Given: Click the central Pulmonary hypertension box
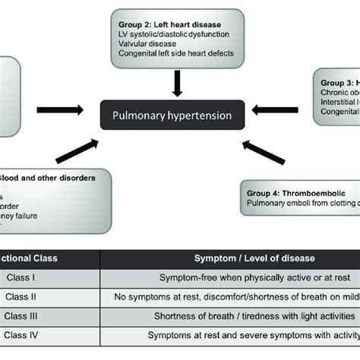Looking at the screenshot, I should [176, 117].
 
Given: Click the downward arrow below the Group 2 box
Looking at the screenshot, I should [176, 82].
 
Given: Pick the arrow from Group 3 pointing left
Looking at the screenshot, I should [276, 109].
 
